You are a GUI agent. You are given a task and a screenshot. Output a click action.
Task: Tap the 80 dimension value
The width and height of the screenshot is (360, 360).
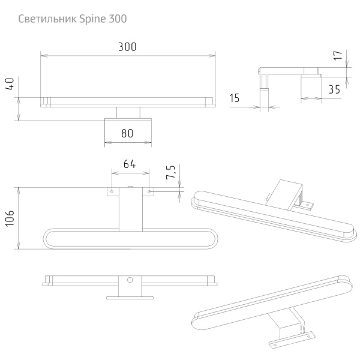[x=127, y=133]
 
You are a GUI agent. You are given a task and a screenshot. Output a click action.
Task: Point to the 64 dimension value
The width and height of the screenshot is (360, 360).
[x=130, y=164]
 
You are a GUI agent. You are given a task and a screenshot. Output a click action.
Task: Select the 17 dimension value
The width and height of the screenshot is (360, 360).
[x=338, y=56]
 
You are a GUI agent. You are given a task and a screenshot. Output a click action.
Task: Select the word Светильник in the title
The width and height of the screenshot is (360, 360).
[x=47, y=19]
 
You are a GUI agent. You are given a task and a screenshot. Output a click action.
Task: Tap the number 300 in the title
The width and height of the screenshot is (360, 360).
[x=118, y=19]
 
